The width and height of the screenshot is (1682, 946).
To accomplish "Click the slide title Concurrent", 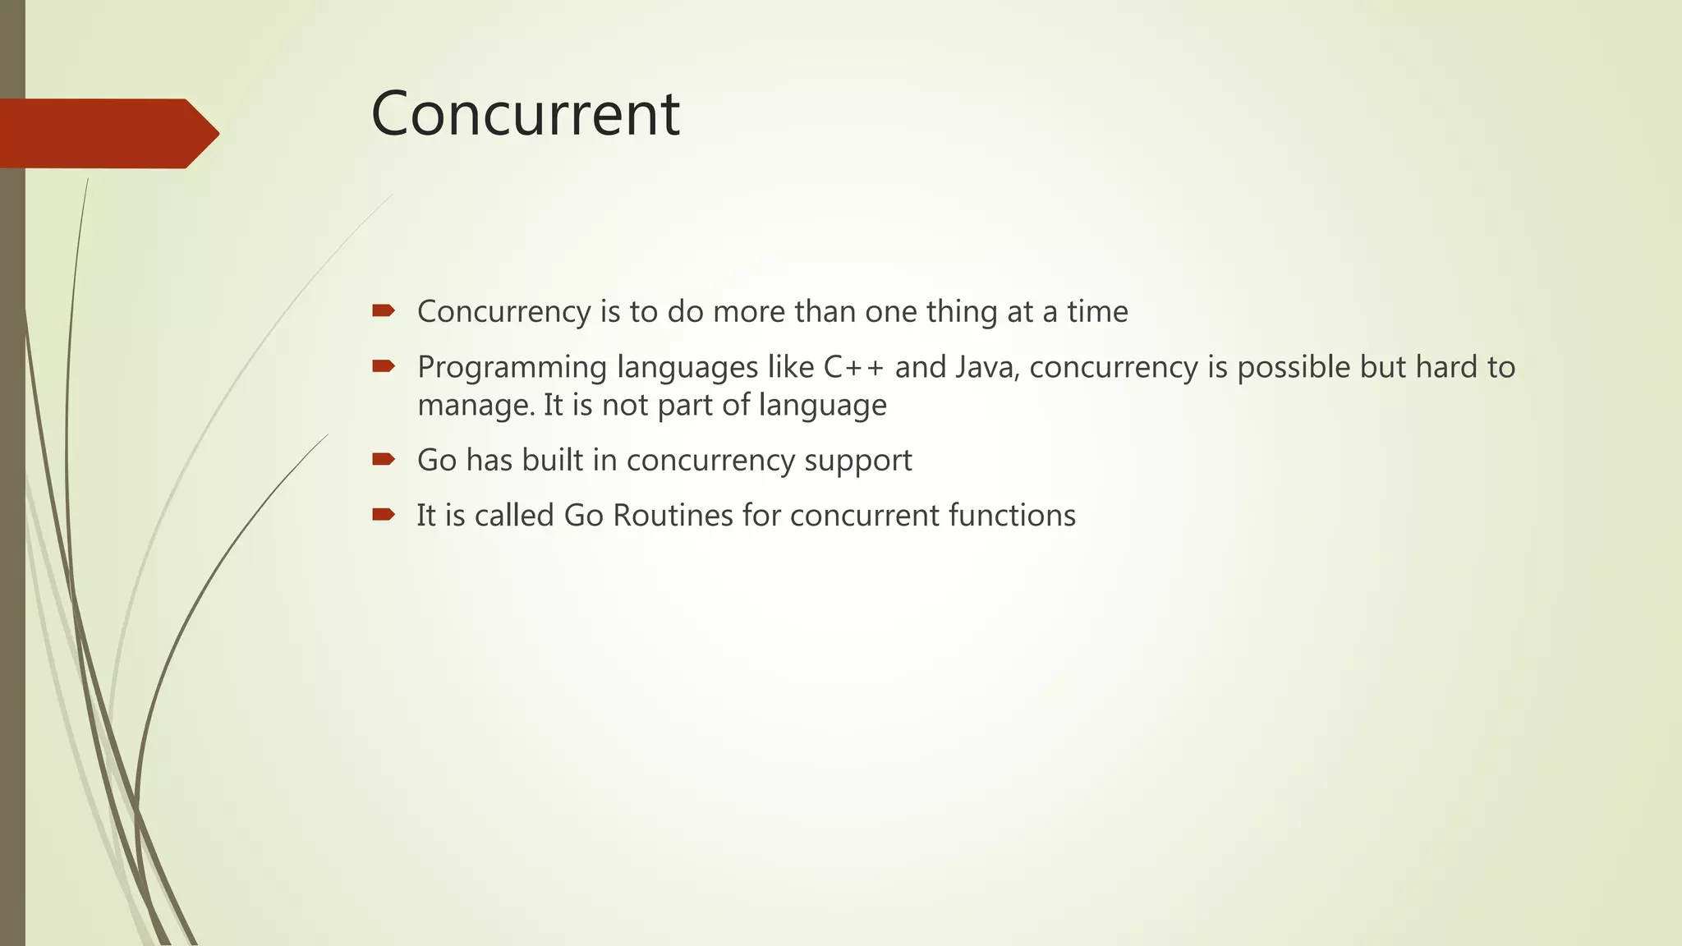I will click(x=525, y=113).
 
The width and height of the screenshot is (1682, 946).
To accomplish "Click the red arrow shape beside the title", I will click(x=107, y=133).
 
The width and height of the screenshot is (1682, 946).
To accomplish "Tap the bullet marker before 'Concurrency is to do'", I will click(x=383, y=310).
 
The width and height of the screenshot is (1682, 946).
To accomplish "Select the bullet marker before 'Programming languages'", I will click(x=383, y=366).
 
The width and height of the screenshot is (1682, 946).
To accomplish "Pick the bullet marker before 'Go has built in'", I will click(x=383, y=459).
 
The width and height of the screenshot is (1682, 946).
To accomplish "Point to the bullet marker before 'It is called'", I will click(x=383, y=515).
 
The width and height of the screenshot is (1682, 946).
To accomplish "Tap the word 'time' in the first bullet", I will click(x=1097, y=311).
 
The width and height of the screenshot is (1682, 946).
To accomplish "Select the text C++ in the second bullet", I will click(x=853, y=367).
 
